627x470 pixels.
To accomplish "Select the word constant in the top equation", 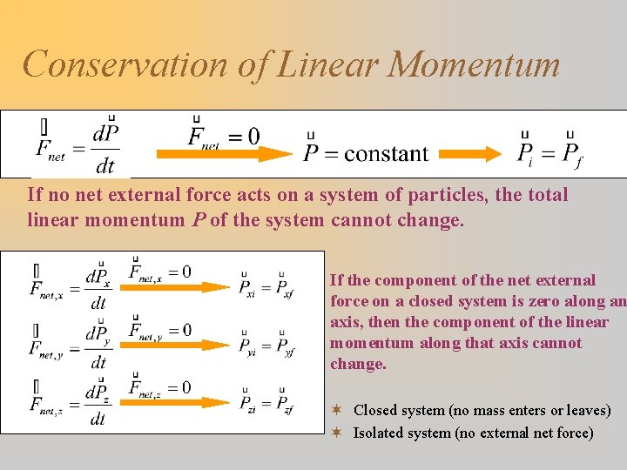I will pos(386,155).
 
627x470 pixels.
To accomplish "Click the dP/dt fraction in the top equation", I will pos(105,148).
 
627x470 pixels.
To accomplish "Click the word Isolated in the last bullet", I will pos(378,433).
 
